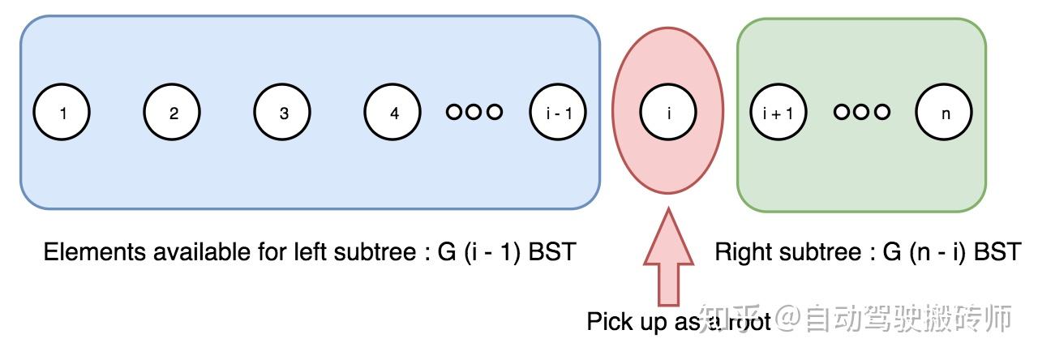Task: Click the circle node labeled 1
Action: click(62, 114)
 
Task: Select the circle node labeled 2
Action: click(173, 114)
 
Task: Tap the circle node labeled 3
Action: click(283, 114)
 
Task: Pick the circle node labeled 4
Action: click(393, 114)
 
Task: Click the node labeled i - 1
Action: click(559, 114)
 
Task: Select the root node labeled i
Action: click(668, 114)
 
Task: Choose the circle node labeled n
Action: click(945, 114)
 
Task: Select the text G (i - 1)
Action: click(479, 252)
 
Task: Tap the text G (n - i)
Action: click(924, 252)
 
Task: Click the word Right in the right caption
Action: click(738, 252)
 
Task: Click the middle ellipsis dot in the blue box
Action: click(474, 112)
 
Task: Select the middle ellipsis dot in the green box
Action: click(862, 112)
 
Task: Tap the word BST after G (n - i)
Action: click(996, 252)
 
